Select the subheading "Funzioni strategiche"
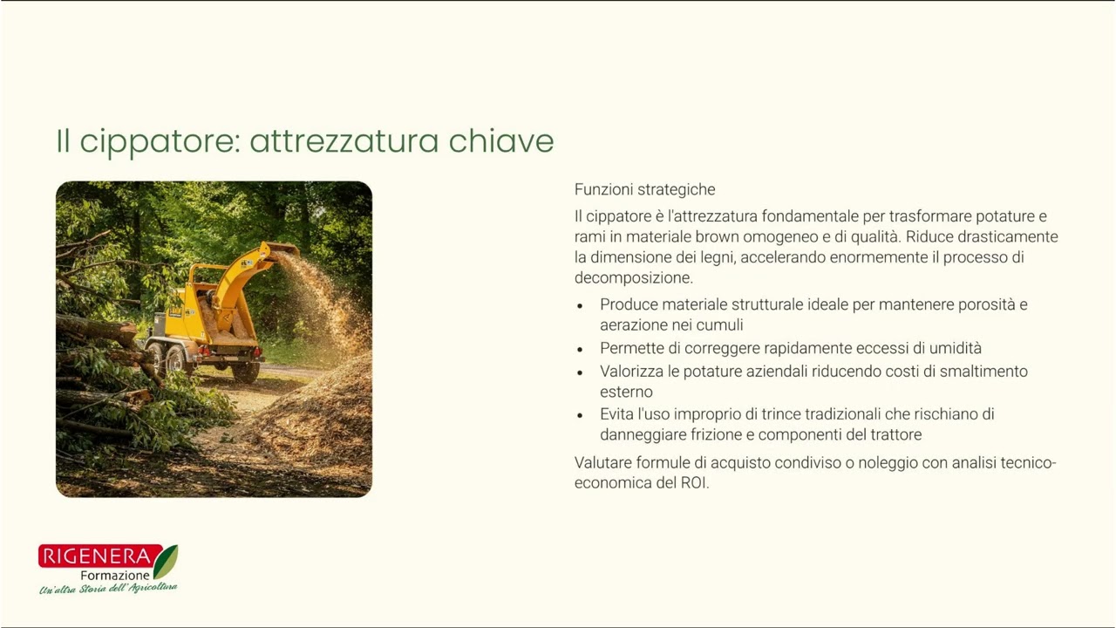coord(644,189)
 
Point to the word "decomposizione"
coord(632,278)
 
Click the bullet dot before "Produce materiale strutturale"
coord(581,306)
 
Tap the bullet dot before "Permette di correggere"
coord(581,349)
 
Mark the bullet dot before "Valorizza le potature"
coord(581,372)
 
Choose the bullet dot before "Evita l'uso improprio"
coord(581,415)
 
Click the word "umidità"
coord(953,348)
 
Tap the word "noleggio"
coord(887,462)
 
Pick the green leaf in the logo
coord(166,561)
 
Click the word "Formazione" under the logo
coord(115,576)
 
